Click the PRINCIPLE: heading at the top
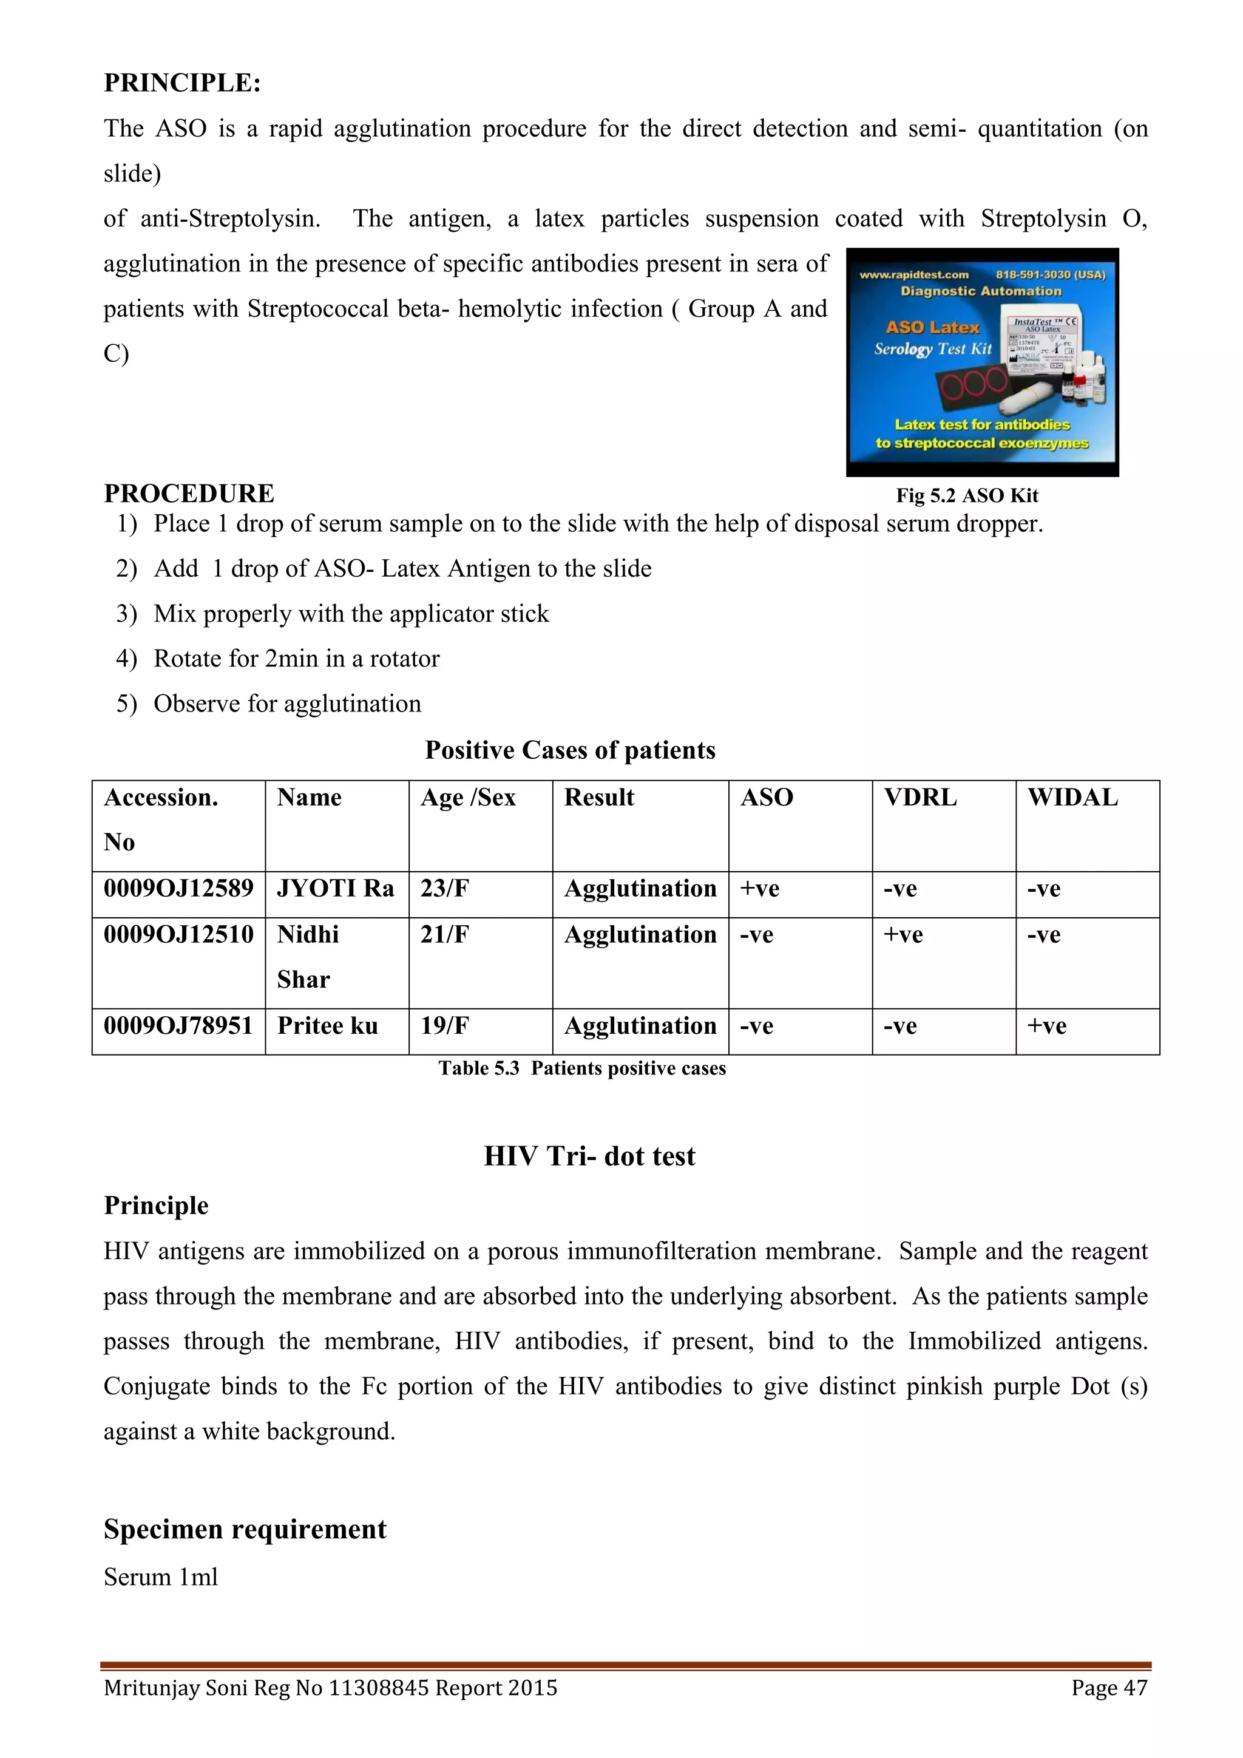tap(182, 83)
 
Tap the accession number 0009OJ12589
tap(178, 888)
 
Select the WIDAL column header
tap(1072, 797)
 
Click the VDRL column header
tap(920, 797)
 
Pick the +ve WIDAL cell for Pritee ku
tap(1046, 1026)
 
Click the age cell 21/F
tap(445, 934)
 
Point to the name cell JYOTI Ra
tap(335, 888)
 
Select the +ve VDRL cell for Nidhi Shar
tap(903, 934)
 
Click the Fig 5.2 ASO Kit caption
tap(967, 495)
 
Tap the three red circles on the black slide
tap(974, 383)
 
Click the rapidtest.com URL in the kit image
tap(914, 275)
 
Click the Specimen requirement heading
tap(245, 1529)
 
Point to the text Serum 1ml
tap(161, 1577)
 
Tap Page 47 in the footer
tap(1109, 1688)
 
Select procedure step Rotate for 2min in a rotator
tap(296, 659)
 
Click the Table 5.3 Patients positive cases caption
tap(581, 1068)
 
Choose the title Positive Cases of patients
tap(571, 750)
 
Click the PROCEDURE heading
tap(189, 493)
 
